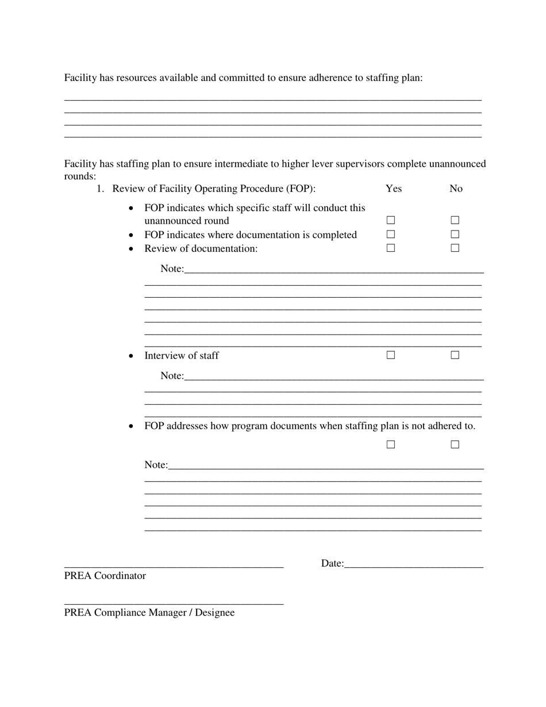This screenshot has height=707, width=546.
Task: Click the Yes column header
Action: coord(394,189)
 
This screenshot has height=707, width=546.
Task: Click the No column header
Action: coord(456,189)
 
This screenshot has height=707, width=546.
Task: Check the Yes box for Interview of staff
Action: coord(391,355)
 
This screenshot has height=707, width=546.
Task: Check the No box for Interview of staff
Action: coord(455,355)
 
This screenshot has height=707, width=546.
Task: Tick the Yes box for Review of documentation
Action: coord(391,248)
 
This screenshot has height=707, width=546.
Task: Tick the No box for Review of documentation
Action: coord(455,248)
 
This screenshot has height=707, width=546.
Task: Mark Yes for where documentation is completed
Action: coord(391,235)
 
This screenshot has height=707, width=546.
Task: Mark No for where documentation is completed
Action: coord(455,235)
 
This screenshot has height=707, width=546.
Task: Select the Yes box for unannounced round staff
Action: coord(391,220)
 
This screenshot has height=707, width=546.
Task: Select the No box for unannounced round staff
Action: coord(455,220)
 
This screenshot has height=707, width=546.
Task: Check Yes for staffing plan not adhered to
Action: coord(391,444)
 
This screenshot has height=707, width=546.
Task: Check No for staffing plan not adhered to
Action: coord(455,444)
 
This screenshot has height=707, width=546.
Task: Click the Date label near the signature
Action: coord(332,564)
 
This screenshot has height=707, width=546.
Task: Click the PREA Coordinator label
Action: coord(105,576)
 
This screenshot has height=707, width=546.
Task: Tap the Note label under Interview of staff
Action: coord(172,376)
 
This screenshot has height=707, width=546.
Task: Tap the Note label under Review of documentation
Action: coord(172,269)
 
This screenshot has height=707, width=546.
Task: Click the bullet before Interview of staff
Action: coord(132,356)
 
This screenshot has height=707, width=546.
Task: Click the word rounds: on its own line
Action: coord(80,176)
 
